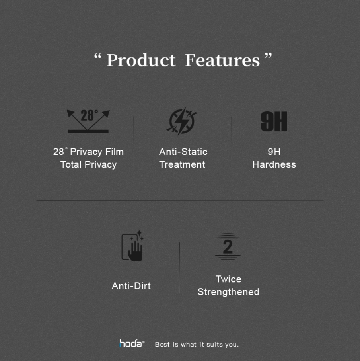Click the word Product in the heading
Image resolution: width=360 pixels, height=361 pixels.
pyautogui.click(x=141, y=60)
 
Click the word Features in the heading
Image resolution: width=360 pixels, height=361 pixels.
pyautogui.click(x=222, y=60)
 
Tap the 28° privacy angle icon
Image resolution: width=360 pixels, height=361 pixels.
pyautogui.click(x=88, y=121)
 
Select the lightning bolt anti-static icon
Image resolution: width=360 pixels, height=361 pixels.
pyautogui.click(x=182, y=121)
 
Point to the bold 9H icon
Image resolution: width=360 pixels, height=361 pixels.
pyautogui.click(x=274, y=121)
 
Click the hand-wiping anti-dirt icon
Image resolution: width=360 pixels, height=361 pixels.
pyautogui.click(x=132, y=246)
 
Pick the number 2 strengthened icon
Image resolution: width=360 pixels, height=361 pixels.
pyautogui.click(x=228, y=247)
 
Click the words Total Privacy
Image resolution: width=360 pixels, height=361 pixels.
pyautogui.click(x=88, y=165)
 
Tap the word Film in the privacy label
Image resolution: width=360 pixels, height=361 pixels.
pyautogui.click(x=114, y=152)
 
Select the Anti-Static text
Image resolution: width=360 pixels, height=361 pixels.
pyautogui.click(x=183, y=152)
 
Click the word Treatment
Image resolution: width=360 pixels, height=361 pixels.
pyautogui.click(x=182, y=165)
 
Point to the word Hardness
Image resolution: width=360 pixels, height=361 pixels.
pyautogui.click(x=274, y=165)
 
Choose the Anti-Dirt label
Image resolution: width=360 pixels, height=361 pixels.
pyautogui.click(x=131, y=286)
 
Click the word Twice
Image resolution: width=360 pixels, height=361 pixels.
pyautogui.click(x=228, y=279)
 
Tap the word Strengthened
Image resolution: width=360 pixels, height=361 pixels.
pyautogui.click(x=228, y=292)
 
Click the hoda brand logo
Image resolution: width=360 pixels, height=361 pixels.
pyautogui.click(x=132, y=343)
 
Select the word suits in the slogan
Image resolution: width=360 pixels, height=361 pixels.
pyautogui.click(x=215, y=345)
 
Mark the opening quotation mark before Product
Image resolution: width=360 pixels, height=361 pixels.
pyautogui.click(x=98, y=56)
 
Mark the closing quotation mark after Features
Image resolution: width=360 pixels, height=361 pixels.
pyautogui.click(x=268, y=56)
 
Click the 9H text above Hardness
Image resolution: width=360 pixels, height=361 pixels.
pyautogui.click(x=274, y=152)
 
